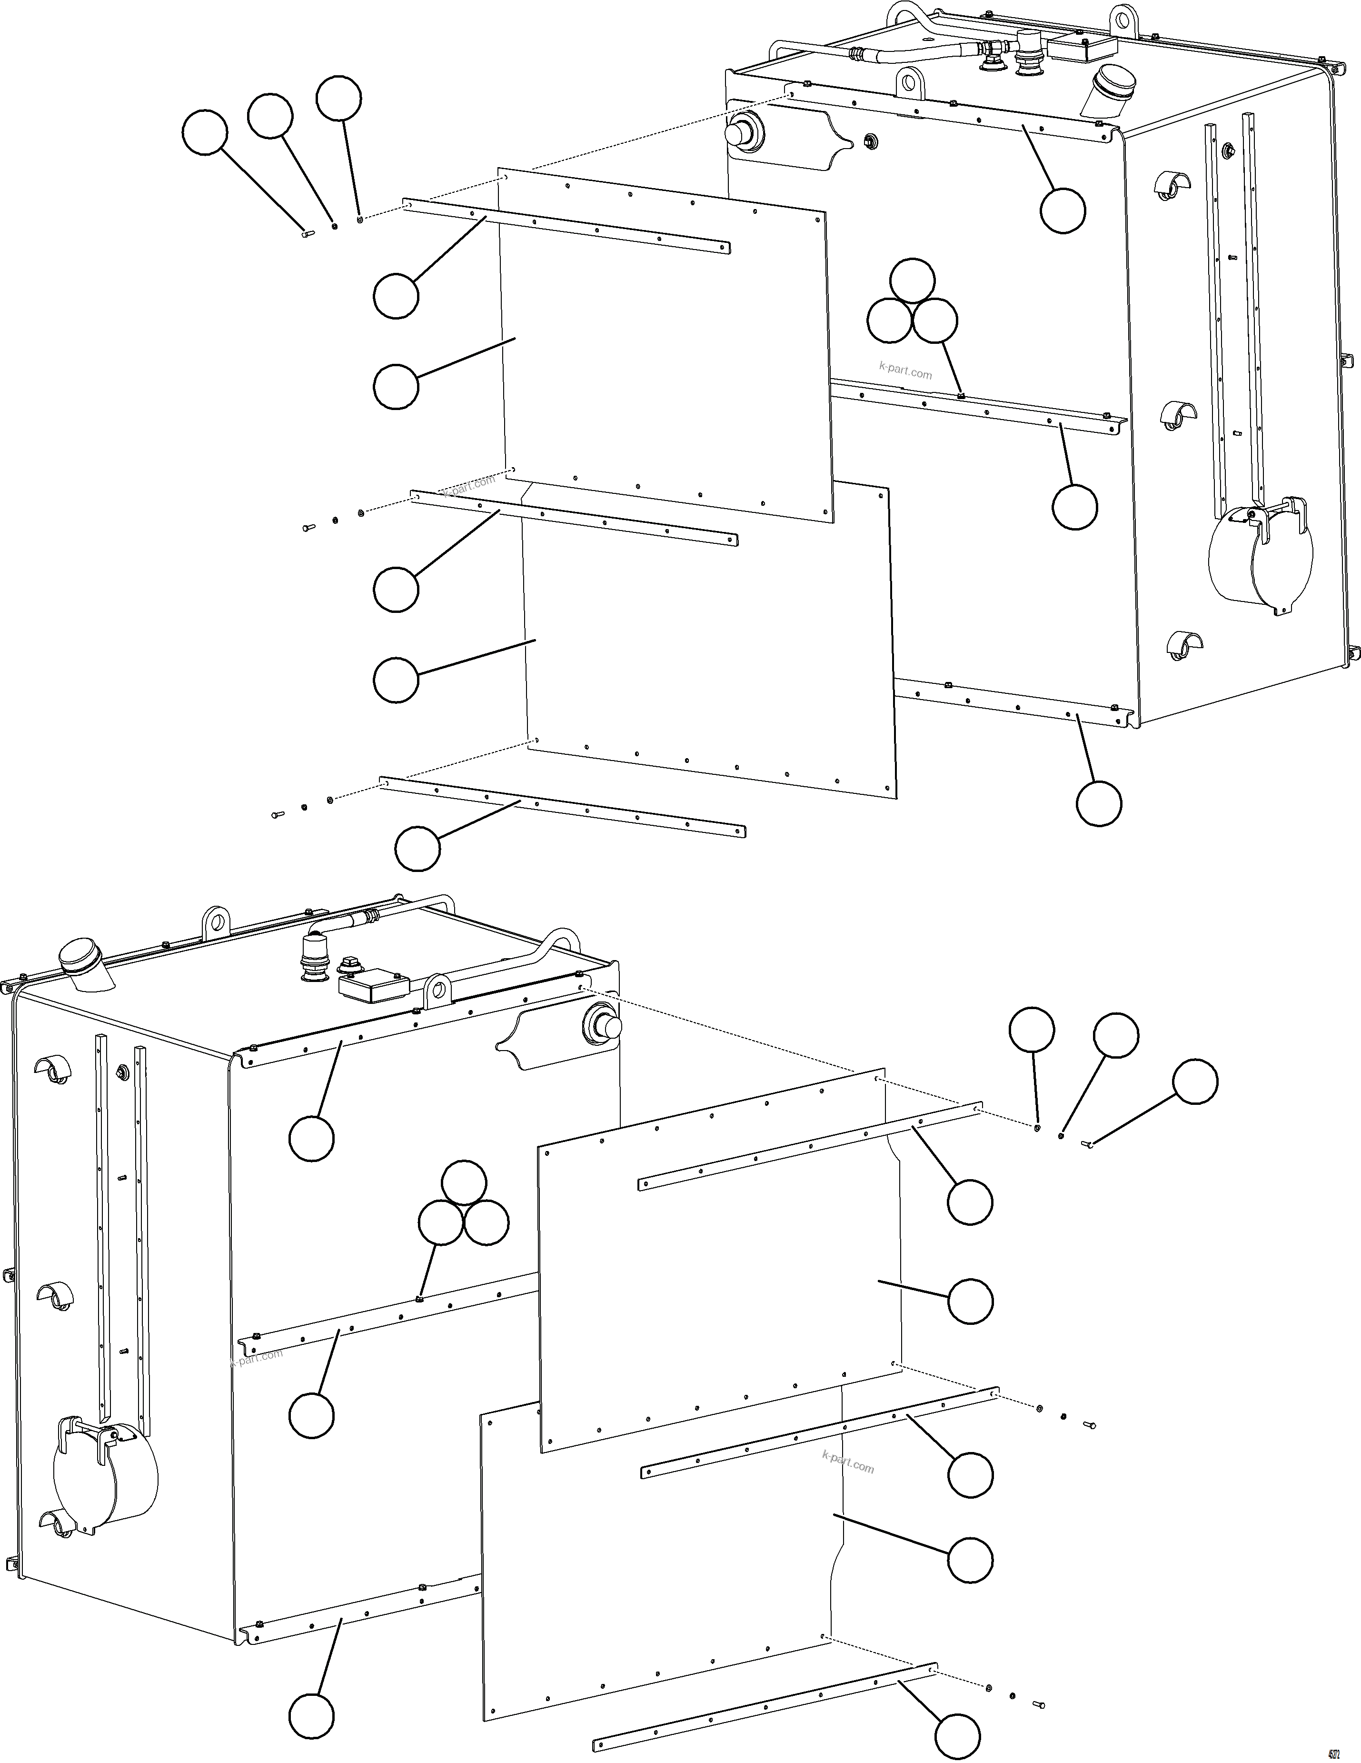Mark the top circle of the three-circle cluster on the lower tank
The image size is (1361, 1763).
point(465,1183)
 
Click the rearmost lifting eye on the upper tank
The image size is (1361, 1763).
point(1122,18)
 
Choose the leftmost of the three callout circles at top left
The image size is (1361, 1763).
point(205,132)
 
